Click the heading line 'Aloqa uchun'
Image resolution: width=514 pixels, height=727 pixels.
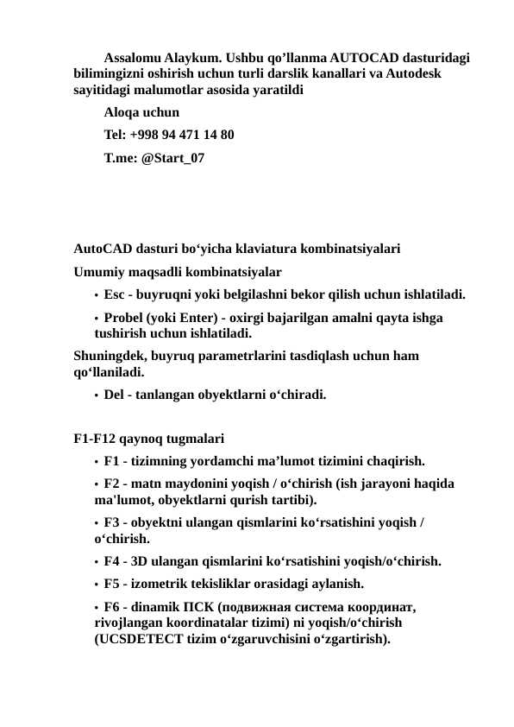tap(141, 112)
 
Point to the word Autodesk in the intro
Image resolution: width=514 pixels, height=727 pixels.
tap(416, 73)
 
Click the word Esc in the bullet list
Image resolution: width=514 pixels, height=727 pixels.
tap(114, 294)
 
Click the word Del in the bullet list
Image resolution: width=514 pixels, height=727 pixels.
tap(114, 395)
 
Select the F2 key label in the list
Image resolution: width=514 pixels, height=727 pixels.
tap(112, 484)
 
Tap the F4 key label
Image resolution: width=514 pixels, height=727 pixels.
tap(112, 561)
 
